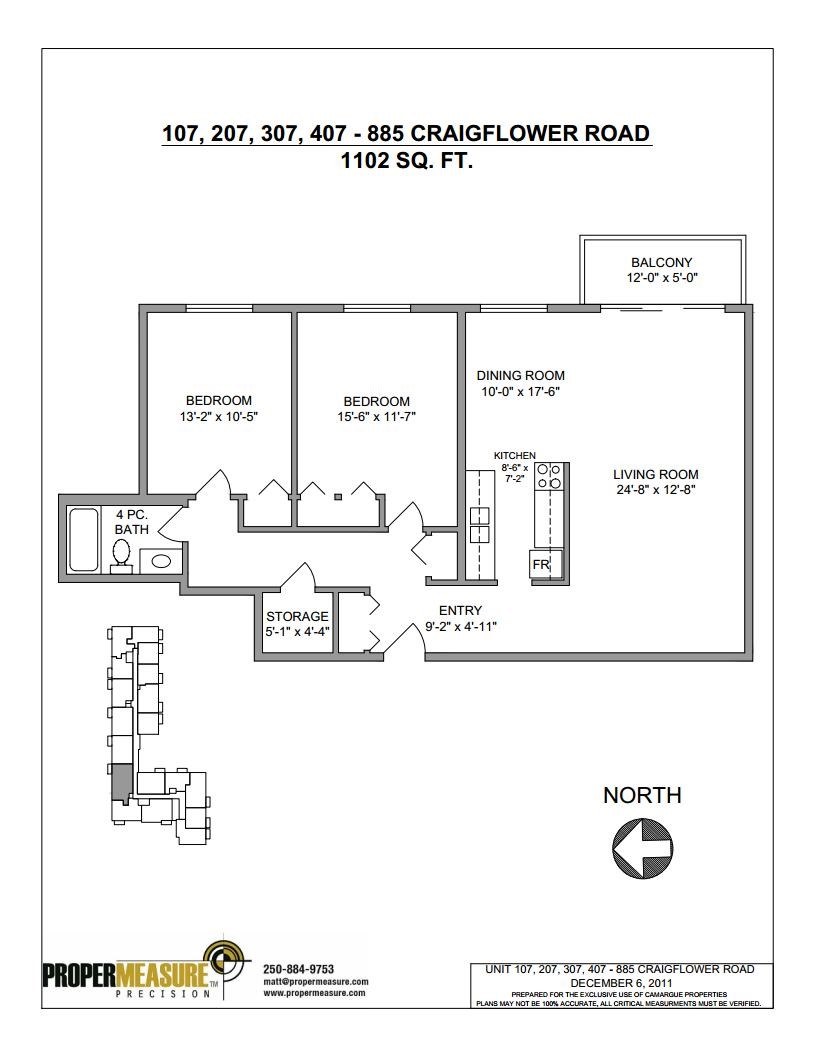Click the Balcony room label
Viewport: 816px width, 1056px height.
click(661, 263)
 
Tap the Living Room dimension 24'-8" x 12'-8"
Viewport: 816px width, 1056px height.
click(656, 490)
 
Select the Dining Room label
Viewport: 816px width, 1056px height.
click(520, 376)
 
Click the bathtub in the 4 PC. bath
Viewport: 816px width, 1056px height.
click(84, 540)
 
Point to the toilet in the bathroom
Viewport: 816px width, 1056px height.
click(121, 556)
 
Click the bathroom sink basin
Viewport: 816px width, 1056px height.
click(161, 560)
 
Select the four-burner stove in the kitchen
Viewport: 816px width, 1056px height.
click(549, 476)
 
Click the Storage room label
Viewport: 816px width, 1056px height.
click(297, 617)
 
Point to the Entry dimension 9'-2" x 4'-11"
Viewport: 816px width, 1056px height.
click(461, 627)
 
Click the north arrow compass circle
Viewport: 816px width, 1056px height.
click(642, 848)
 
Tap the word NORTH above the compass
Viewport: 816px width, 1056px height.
click(642, 795)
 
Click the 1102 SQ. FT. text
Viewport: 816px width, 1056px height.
click(407, 162)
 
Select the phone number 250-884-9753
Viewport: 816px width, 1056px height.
click(298, 969)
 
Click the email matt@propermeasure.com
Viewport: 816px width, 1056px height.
click(316, 981)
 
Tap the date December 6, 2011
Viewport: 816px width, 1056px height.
click(621, 983)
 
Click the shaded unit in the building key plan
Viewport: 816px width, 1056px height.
click(119, 783)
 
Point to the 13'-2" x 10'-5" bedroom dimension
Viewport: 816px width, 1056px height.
click(219, 417)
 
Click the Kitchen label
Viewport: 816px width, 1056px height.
click(514, 456)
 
